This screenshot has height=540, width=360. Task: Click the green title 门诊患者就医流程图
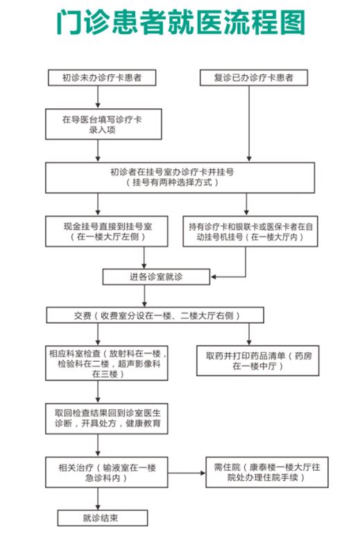(180, 22)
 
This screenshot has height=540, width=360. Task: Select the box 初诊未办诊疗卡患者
(102, 78)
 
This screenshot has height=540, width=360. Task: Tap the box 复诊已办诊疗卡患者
(254, 78)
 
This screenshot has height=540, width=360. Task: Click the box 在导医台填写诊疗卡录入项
(103, 124)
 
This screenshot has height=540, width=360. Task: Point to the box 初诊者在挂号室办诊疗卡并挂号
(180, 177)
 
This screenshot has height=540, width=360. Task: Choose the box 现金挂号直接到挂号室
(106, 232)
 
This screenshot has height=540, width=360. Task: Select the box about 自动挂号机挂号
(250, 232)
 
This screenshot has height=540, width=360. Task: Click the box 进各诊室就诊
(156, 277)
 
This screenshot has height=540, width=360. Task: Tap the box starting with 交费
(155, 315)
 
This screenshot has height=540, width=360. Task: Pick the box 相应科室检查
(106, 363)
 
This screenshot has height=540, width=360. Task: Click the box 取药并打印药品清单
(257, 360)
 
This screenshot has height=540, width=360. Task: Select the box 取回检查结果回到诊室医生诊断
(106, 419)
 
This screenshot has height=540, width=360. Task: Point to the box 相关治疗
(106, 472)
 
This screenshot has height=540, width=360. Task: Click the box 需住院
(267, 472)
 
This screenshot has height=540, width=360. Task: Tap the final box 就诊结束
(103, 518)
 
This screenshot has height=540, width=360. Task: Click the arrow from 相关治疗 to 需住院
(187, 473)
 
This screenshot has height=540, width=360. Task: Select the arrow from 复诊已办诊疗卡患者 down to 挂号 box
(249, 124)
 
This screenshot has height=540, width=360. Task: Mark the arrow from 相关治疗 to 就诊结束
(98, 498)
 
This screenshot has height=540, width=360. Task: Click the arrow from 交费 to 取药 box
(249, 334)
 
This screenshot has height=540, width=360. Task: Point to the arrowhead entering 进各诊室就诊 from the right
(212, 277)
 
